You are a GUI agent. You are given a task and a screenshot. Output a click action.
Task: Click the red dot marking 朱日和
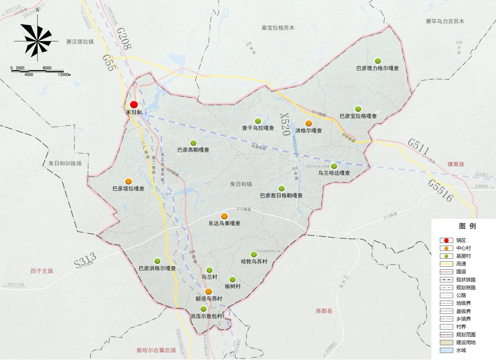[134, 104]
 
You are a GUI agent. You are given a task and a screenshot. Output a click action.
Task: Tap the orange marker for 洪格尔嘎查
[309, 123]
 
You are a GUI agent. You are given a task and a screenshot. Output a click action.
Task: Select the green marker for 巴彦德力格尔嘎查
[378, 60]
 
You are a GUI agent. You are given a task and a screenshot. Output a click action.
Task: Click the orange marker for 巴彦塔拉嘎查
[128, 181]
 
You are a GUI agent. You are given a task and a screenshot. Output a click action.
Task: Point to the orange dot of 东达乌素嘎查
[224, 216]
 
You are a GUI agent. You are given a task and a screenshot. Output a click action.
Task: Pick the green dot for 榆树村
[232, 279]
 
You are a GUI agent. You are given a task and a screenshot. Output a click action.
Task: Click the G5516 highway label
[441, 190]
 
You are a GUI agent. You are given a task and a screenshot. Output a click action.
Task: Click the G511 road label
[419, 147]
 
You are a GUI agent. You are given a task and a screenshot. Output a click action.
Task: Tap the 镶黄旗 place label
[456, 164]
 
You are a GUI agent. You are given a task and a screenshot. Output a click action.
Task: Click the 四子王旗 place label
[42, 271]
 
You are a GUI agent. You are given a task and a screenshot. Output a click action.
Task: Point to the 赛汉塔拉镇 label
[80, 42]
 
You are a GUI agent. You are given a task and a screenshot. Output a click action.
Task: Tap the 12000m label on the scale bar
[64, 75]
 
